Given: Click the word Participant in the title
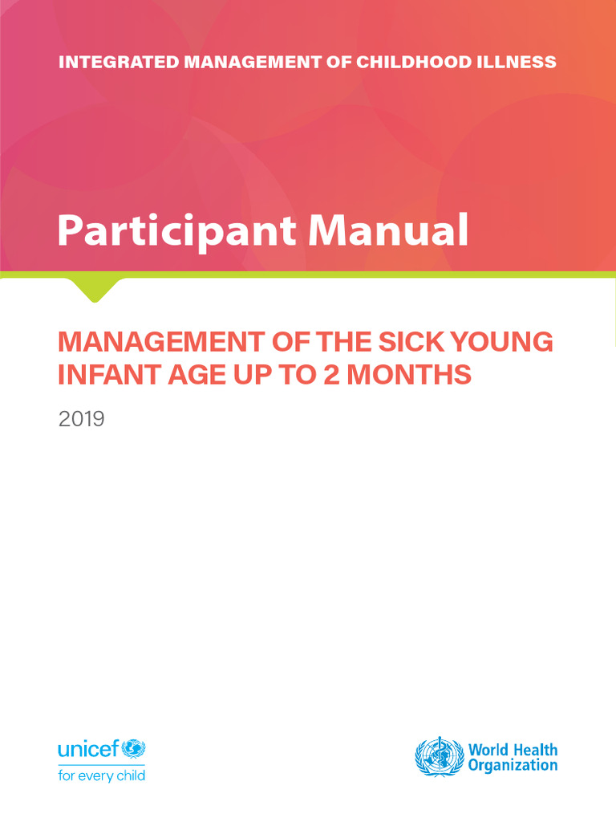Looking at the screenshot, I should pos(176,232).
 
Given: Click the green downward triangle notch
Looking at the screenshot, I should pos(95,288).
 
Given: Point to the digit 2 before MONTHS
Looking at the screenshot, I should pos(336,374).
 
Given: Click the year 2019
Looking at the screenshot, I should pos(81,418).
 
